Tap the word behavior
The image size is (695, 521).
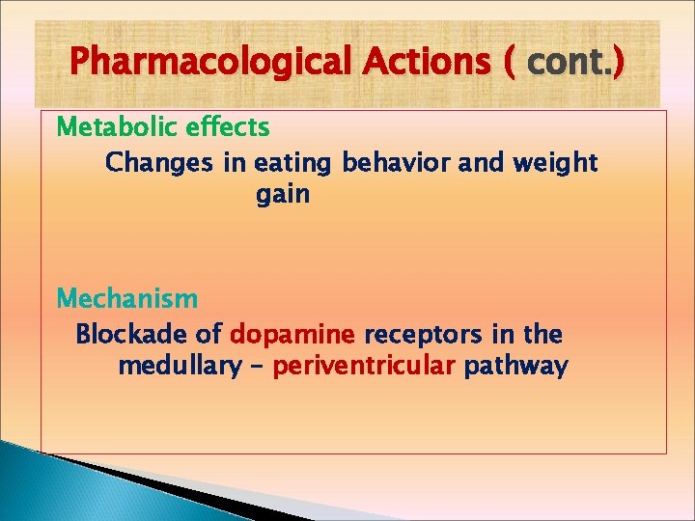pos(398,163)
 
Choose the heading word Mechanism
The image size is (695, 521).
pos(127,299)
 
